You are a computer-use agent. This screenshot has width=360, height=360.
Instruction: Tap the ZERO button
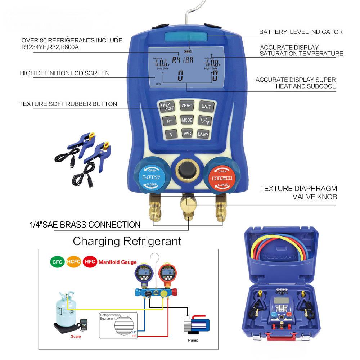click(x=187, y=106)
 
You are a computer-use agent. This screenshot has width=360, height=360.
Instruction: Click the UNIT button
click(x=206, y=107)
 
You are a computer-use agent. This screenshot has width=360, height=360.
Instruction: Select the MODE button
click(x=187, y=120)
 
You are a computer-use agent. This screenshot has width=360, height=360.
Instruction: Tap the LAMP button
click(x=203, y=134)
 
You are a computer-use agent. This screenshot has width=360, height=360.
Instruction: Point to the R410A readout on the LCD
click(x=183, y=60)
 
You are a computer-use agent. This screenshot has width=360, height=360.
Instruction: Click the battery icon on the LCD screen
click(x=188, y=51)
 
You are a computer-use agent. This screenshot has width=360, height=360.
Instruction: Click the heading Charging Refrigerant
click(x=127, y=241)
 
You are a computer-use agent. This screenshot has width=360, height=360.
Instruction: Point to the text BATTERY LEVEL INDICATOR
click(x=301, y=32)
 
